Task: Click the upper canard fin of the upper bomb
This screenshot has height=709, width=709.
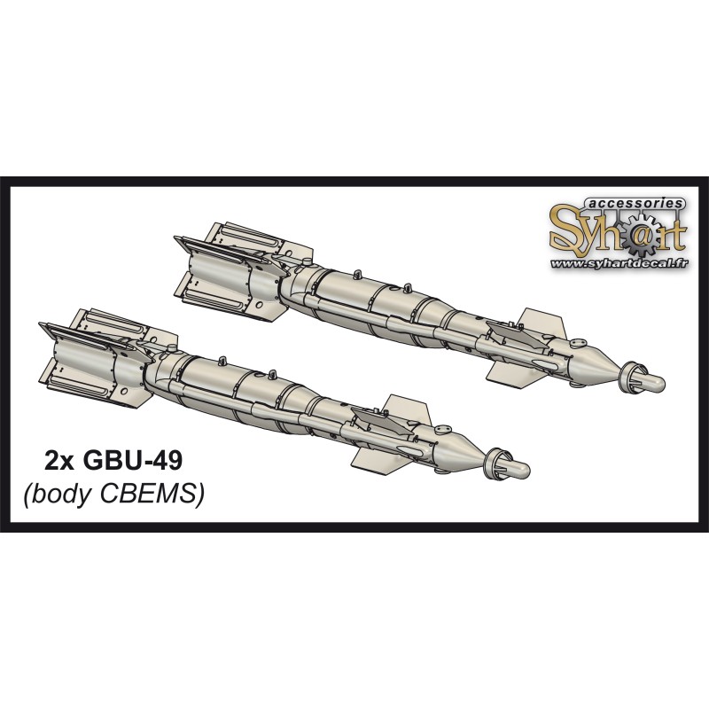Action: pos(536,323)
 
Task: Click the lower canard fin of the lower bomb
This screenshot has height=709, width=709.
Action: pos(370,456)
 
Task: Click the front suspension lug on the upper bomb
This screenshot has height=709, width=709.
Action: pos(406,286)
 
